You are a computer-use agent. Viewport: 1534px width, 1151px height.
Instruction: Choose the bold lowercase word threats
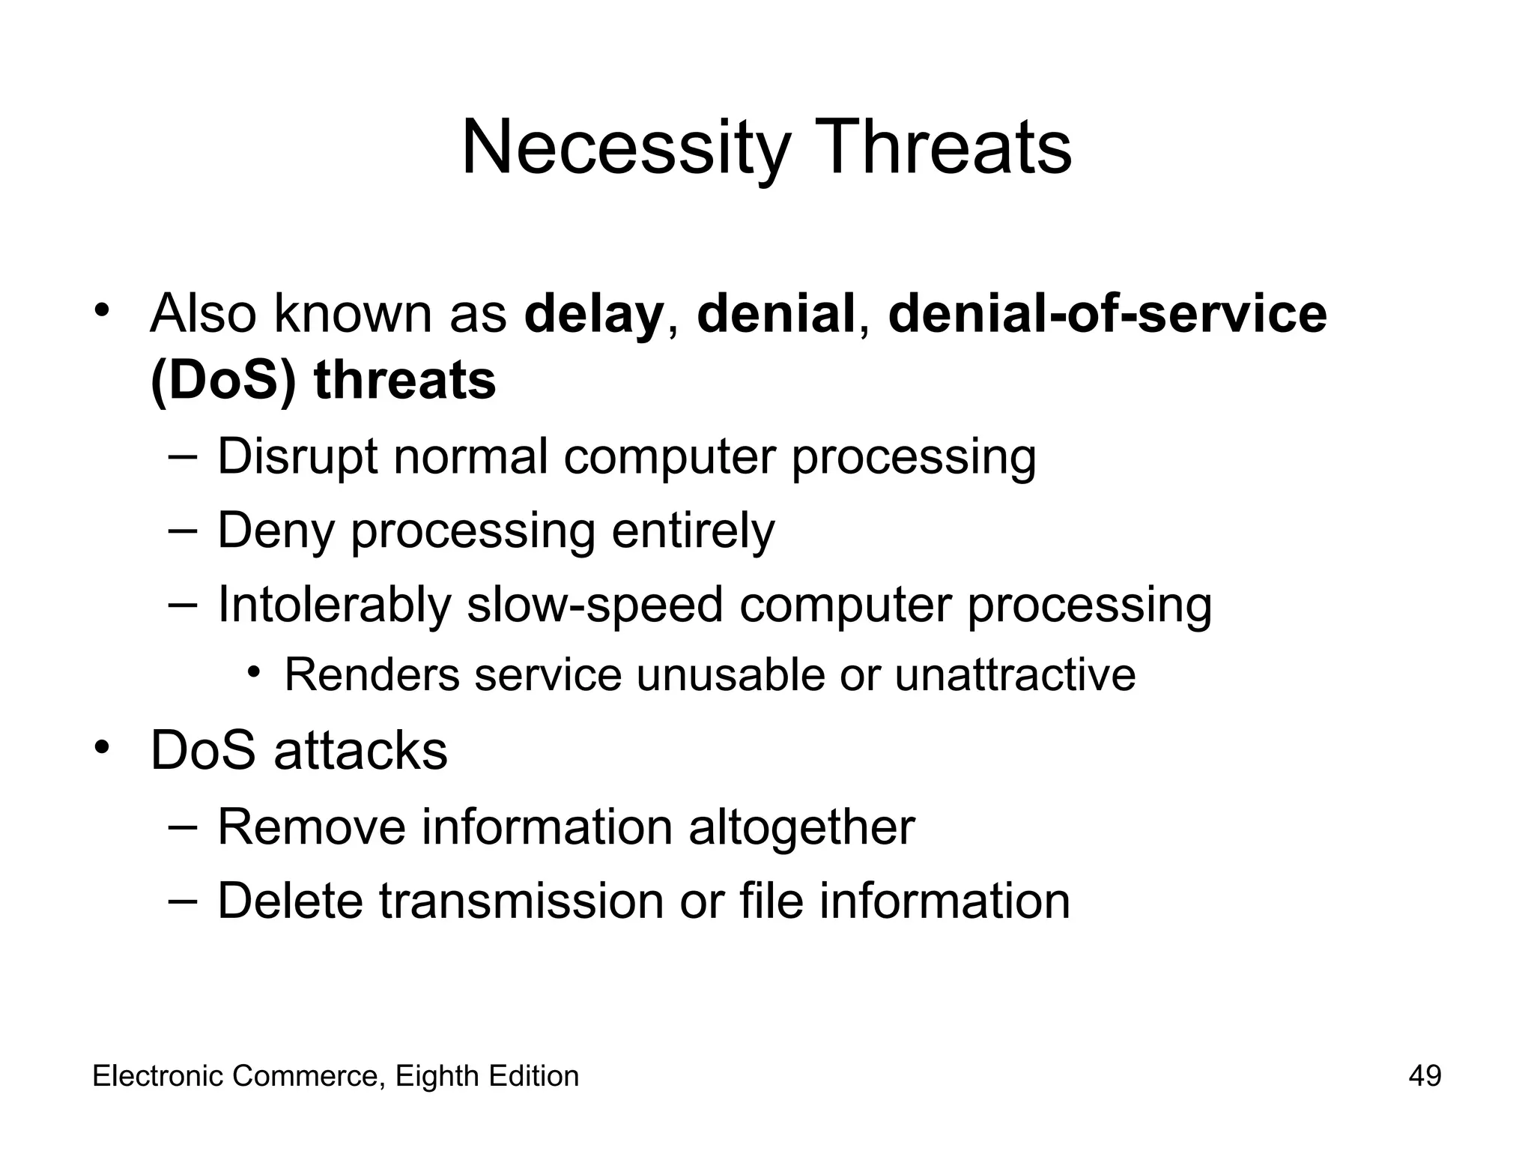(x=404, y=381)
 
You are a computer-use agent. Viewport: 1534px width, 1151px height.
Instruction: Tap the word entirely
(x=693, y=531)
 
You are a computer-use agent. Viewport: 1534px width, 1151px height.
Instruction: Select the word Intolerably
(x=334, y=604)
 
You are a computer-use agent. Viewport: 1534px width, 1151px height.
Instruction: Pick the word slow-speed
(x=595, y=604)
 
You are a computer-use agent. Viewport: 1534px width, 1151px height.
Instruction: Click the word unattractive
(x=1015, y=674)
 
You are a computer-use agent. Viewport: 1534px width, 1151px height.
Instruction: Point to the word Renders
(x=372, y=674)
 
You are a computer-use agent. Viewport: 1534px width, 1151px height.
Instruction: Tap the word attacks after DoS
(x=360, y=751)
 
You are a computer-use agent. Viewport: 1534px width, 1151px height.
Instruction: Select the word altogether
(x=801, y=827)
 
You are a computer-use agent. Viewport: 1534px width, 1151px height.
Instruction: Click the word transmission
(x=521, y=901)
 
